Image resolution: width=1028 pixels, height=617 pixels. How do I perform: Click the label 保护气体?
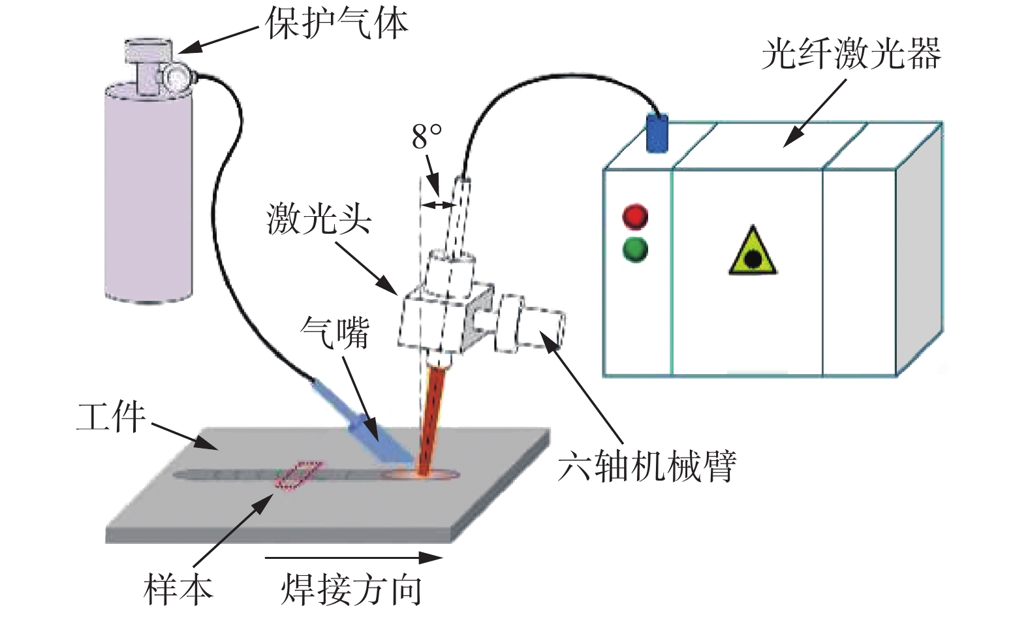pos(336,24)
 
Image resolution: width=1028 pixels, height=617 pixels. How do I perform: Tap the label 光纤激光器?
pos(850,54)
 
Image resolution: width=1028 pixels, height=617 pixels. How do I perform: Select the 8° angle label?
pos(427,137)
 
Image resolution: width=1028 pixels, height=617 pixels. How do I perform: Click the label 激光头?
pos(319,219)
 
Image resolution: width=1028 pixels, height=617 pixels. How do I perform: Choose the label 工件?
pos(110,417)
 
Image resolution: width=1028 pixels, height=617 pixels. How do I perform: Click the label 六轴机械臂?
pos(647,466)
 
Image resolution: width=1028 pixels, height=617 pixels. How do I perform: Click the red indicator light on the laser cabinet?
pos(635,217)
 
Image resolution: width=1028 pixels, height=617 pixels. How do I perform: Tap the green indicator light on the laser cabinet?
pos(635,249)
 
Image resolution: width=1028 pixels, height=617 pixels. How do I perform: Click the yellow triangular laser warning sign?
pos(752,253)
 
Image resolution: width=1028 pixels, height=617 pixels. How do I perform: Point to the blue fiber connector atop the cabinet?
pos(657,133)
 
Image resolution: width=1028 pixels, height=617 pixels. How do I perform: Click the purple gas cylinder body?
pos(149,196)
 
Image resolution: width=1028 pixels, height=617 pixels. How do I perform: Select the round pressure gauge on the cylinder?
pos(176,78)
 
